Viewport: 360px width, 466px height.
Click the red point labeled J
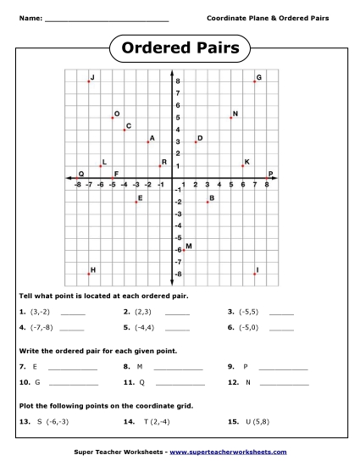coord(88,81)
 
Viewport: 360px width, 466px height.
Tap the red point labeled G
coord(254,81)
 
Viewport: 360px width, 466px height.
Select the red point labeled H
coord(88,274)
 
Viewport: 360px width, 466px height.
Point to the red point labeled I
coord(254,274)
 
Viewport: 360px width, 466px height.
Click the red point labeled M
coord(182,250)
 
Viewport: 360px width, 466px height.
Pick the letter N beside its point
coord(235,114)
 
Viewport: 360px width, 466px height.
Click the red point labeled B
coord(207,202)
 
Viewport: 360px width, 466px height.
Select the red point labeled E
coord(136,202)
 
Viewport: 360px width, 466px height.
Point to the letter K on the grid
coord(246,162)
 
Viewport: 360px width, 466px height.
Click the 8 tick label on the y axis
coord(177,81)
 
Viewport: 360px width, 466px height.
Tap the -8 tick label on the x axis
coord(77,185)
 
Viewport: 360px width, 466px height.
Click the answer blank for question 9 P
coord(283,367)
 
